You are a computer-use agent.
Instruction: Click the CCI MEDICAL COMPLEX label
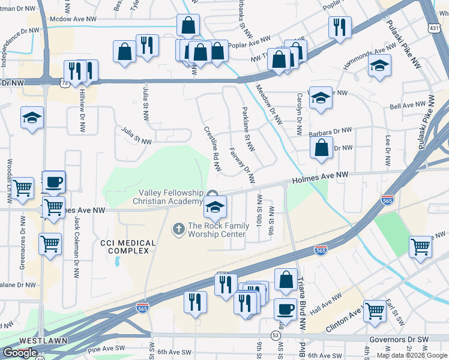click(128, 248)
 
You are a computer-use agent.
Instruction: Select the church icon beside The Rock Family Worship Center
click(178, 229)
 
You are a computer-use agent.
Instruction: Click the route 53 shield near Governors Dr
click(276, 334)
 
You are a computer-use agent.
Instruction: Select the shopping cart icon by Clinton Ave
click(375, 310)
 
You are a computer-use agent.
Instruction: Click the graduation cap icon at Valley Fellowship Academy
click(214, 207)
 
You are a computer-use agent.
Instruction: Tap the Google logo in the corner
click(20, 353)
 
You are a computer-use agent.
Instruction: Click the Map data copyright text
click(412, 355)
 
